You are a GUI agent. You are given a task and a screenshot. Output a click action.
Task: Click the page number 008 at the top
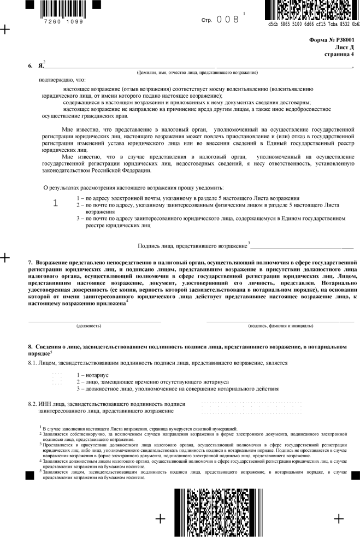point(228,19)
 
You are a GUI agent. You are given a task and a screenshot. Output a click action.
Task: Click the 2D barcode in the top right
point(313,9)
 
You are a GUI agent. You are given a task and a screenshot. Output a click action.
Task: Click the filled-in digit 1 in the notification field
point(56,203)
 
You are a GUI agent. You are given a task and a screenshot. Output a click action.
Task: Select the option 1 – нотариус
point(93,375)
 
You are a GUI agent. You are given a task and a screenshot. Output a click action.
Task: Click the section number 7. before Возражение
point(31,263)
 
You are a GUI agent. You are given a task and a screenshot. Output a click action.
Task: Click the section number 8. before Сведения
point(31,347)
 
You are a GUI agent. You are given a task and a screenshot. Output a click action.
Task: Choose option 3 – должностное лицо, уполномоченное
point(178,388)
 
